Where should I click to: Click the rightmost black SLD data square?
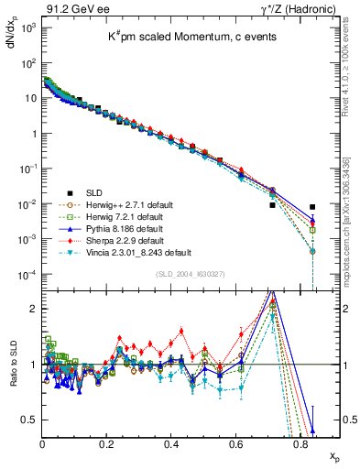pos(312,207)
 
